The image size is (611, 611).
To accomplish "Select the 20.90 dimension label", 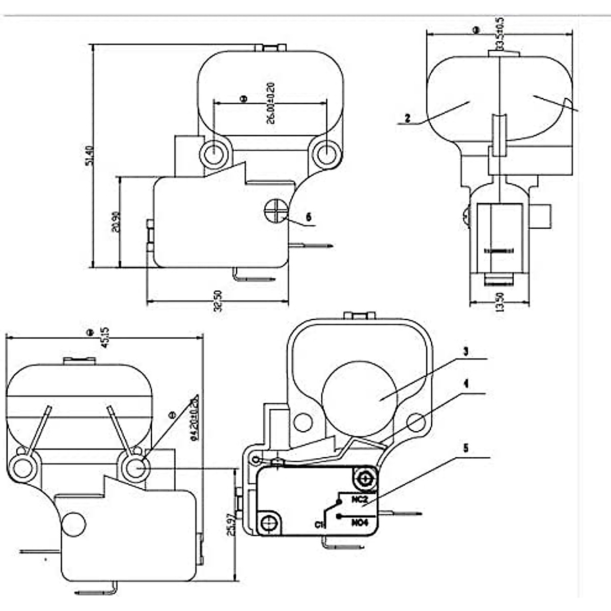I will [x=116, y=222].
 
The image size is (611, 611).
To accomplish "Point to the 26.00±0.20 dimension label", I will [x=270, y=103].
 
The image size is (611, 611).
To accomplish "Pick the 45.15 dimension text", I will [x=105, y=337].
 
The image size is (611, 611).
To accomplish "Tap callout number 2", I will [x=407, y=118].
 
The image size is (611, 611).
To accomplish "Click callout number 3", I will [x=465, y=352].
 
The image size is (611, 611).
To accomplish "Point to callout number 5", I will [x=465, y=448].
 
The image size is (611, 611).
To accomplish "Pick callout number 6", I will [x=308, y=217].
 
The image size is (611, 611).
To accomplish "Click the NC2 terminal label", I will [x=359, y=499].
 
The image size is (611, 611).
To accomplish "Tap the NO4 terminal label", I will [x=359, y=522].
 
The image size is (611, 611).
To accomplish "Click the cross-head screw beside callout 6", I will [x=276, y=210].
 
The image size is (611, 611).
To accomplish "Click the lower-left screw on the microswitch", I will [x=269, y=522].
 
